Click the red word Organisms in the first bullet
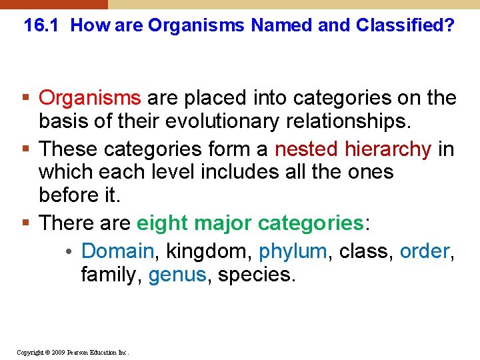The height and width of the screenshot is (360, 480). coord(90,98)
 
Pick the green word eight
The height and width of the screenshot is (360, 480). coord(160,223)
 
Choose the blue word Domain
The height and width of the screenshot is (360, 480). coord(117,251)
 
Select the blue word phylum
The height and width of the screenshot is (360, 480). coord(293,251)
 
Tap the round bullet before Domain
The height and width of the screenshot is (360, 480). coord(70,251)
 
